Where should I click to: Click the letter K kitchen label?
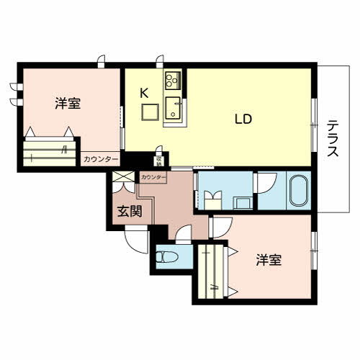[x=144, y=92]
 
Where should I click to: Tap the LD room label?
[x=242, y=120]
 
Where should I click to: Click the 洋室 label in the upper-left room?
[x=67, y=104]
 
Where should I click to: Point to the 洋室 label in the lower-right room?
[x=268, y=260]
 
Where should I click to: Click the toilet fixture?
[x=168, y=256]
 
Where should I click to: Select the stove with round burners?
[x=173, y=79]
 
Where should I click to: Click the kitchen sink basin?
[x=174, y=108]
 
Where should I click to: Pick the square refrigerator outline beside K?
[x=150, y=112]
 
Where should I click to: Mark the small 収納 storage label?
[x=160, y=161]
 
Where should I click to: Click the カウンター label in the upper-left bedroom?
[x=101, y=159]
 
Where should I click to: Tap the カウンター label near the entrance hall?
[x=153, y=177]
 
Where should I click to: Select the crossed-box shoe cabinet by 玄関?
[x=122, y=179]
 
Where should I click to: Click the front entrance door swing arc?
[x=135, y=241]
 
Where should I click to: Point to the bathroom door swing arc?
[x=264, y=181]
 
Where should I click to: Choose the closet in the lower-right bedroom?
[x=213, y=271]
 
